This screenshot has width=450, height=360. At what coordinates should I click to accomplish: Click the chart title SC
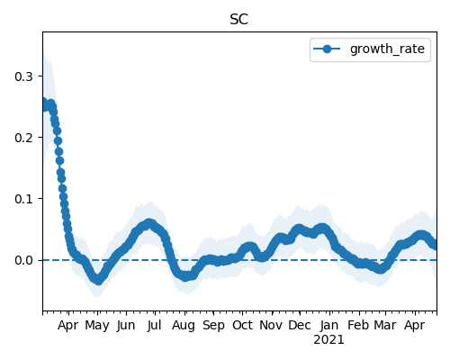tap(238, 20)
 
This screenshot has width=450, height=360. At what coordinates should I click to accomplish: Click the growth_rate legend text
tap(387, 49)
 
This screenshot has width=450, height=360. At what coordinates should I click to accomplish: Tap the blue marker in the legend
tap(327, 49)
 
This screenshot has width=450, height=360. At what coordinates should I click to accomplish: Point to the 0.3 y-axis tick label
tap(23, 76)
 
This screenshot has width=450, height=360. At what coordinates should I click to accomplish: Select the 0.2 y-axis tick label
tap(23, 138)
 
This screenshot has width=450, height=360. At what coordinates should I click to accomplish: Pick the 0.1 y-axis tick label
tap(23, 199)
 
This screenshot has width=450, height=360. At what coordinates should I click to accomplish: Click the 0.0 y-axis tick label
tap(23, 260)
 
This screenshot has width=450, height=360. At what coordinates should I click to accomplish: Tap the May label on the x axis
tap(97, 326)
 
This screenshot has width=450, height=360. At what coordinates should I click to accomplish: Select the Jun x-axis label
tap(126, 326)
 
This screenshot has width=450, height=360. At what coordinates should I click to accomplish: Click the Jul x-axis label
tap(154, 325)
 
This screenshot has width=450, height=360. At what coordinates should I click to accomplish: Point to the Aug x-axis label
tap(184, 326)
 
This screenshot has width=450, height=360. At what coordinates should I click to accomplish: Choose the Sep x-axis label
tap(213, 326)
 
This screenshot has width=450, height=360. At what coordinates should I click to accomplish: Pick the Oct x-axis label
tap(242, 325)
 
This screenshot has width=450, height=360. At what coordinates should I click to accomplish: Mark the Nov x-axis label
tap(271, 325)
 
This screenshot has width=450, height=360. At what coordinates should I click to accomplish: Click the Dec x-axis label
tap(300, 325)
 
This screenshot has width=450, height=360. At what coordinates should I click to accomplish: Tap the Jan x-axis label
tap(329, 325)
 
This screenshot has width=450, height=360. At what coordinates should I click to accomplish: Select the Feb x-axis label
tap(358, 325)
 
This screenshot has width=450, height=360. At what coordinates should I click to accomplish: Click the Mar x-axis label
tap(385, 325)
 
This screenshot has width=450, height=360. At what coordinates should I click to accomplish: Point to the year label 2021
tap(328, 340)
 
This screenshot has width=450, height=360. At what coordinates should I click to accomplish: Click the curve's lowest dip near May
tap(98, 281)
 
